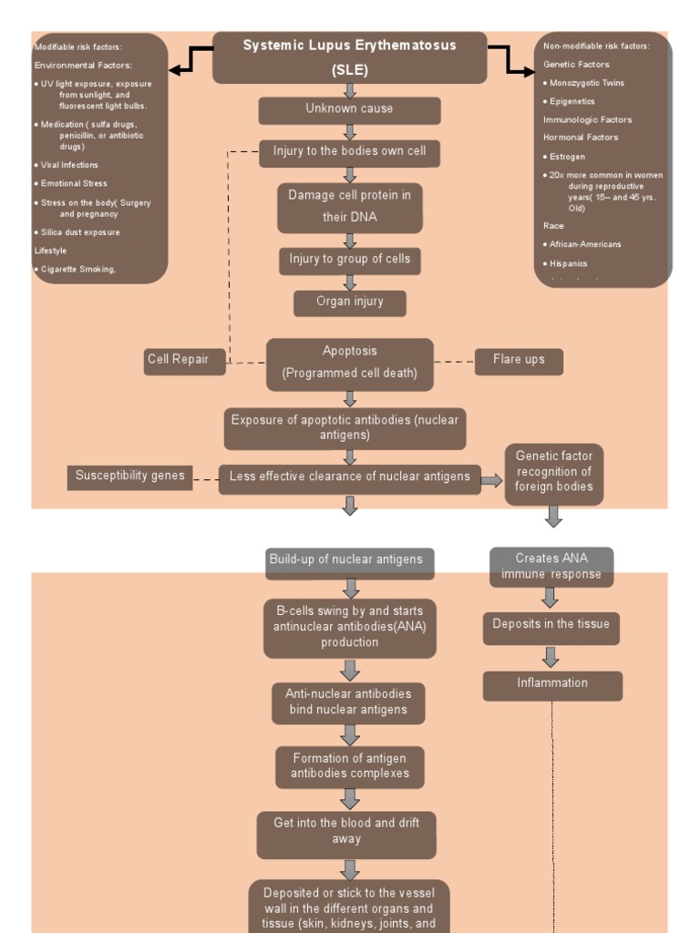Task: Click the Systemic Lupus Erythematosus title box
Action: (349, 57)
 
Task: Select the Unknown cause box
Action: (349, 109)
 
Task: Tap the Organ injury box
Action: (349, 302)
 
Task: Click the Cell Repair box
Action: (178, 360)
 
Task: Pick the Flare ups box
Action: (519, 361)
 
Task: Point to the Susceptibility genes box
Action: (129, 477)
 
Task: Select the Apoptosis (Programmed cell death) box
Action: (349, 363)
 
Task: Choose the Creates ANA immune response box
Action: (551, 567)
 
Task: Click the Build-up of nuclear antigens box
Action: (349, 561)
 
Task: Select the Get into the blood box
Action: (346, 833)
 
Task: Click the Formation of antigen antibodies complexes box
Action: (349, 766)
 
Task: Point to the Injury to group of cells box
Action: (349, 261)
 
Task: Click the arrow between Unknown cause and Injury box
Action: (349, 132)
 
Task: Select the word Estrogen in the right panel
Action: (567, 157)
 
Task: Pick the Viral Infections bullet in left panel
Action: (69, 165)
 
